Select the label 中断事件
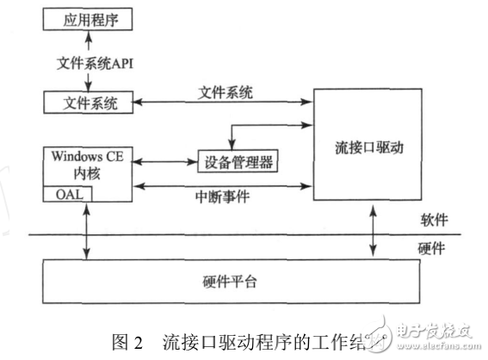(225, 197)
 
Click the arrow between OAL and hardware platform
(87, 231)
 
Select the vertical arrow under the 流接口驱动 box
(374, 231)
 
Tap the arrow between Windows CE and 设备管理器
(164, 161)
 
